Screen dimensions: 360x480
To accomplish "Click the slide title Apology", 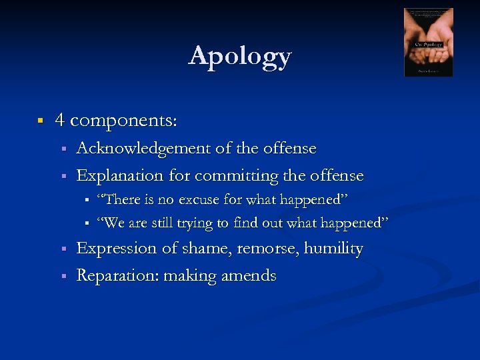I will (x=240, y=56).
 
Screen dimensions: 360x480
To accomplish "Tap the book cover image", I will (x=428, y=43).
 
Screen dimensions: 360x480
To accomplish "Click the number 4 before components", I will (x=60, y=120).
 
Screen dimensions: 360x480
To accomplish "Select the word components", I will (x=123, y=121).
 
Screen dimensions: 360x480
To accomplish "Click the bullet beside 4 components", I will (x=41, y=121).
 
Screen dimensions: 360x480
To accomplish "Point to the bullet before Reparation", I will (x=62, y=276).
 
